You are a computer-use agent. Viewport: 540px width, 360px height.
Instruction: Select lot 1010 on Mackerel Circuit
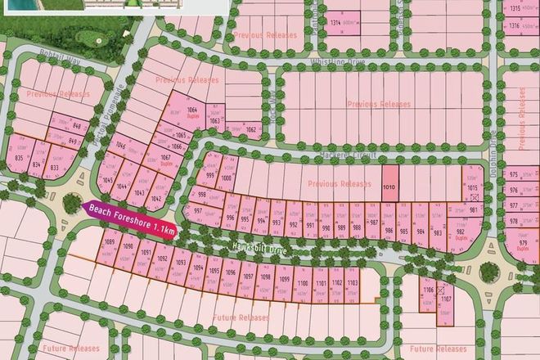pyautogui.click(x=390, y=187)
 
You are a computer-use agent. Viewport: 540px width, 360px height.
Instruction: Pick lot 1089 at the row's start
pyautogui.click(x=109, y=245)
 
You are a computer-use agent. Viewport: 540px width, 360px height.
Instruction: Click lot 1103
pyautogui.click(x=353, y=286)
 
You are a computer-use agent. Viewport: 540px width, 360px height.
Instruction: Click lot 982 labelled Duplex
pyautogui.click(x=461, y=235)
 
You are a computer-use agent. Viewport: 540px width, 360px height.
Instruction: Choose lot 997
pyautogui.click(x=198, y=212)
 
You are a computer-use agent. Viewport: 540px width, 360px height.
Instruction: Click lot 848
pyautogui.click(x=78, y=127)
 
